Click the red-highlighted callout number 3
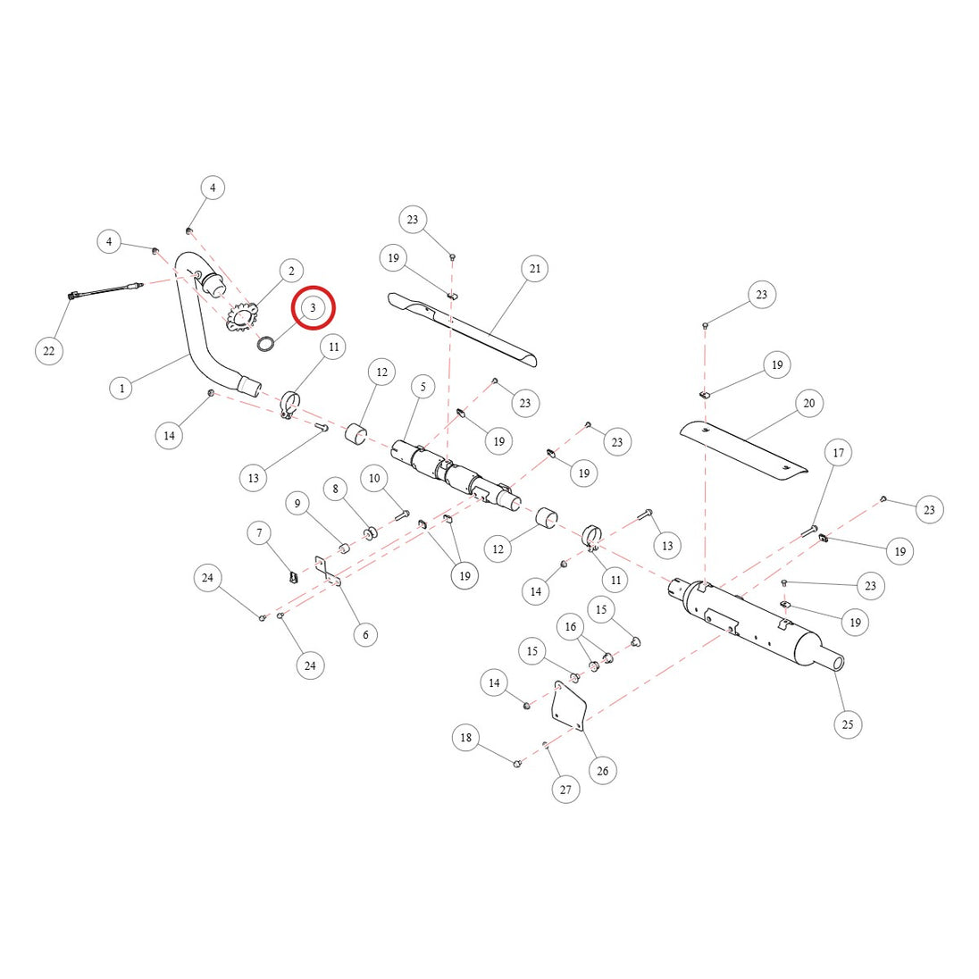(x=314, y=307)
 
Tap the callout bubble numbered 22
(x=49, y=351)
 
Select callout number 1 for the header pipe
(x=121, y=389)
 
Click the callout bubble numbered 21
(x=535, y=269)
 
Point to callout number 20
(x=809, y=404)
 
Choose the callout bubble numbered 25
(x=848, y=724)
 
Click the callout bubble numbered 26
(x=603, y=771)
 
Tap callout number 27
(x=565, y=790)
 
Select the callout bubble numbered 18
(x=465, y=737)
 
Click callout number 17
(x=839, y=452)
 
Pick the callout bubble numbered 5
(x=423, y=387)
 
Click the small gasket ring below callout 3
(x=266, y=343)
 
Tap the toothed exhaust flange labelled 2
(x=242, y=318)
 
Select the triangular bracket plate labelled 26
(x=569, y=706)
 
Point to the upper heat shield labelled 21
(x=462, y=329)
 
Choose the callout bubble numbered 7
(x=260, y=532)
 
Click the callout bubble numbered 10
(x=374, y=478)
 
